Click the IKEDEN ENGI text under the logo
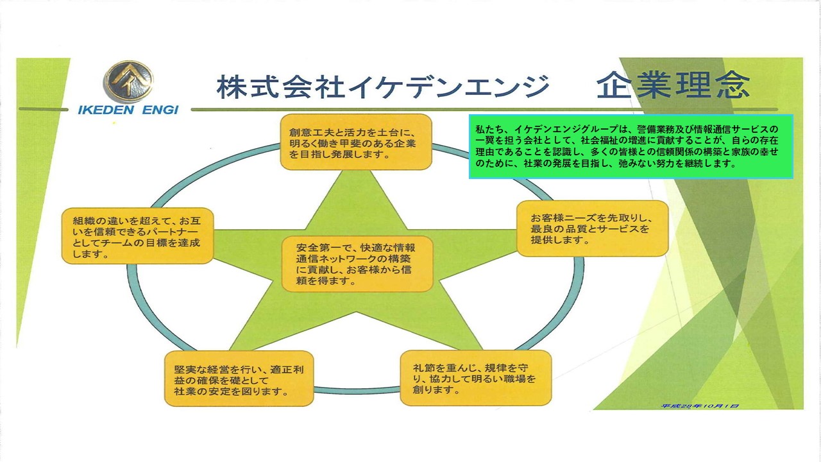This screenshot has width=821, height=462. click(128, 110)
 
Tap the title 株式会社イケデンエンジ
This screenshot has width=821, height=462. click(383, 87)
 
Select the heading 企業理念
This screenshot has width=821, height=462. click(673, 85)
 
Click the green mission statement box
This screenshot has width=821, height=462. click(631, 146)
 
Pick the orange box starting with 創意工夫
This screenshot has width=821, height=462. click(356, 142)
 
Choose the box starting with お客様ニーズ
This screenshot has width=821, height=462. click(592, 228)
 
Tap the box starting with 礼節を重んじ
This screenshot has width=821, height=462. click(475, 377)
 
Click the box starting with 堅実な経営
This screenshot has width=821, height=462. click(239, 379)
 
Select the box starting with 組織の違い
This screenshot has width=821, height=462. click(137, 235)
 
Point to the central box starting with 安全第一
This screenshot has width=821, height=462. click(357, 264)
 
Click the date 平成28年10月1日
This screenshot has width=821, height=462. click(700, 406)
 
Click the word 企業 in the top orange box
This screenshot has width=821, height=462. click(403, 142)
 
